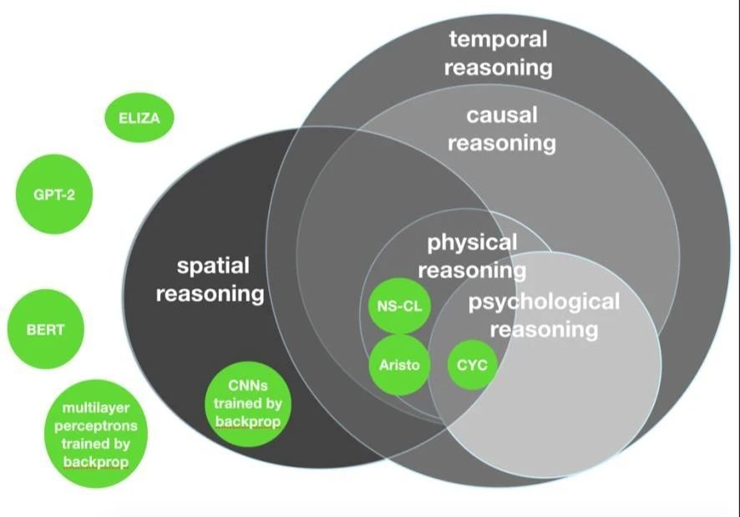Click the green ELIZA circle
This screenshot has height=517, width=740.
139,118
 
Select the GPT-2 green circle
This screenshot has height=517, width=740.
54,194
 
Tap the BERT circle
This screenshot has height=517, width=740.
45,329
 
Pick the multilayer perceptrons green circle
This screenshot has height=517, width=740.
96,434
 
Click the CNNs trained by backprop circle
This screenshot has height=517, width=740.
248,403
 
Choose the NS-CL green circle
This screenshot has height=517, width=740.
399,306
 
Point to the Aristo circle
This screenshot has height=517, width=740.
399,365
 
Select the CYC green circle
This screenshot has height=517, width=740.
472,365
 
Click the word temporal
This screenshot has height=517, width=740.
499,38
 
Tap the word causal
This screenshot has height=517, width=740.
502,114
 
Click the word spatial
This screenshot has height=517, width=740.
213,266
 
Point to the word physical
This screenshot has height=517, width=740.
472,244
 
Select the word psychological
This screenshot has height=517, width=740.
544,302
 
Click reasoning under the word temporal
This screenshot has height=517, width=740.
499,68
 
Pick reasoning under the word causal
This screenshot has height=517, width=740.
502,144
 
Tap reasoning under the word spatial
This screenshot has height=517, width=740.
210,294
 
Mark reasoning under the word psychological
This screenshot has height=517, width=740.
544,330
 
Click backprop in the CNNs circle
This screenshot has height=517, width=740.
248,421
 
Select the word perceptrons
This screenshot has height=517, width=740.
96,426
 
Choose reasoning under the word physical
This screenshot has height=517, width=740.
472,271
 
